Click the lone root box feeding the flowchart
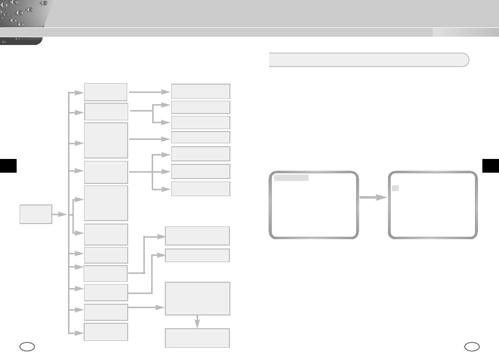pyautogui.click(x=36, y=214)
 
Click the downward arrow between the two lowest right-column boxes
pyautogui.click(x=198, y=321)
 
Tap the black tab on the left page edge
pyautogui.click(x=8, y=166)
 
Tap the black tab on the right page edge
pyautogui.click(x=491, y=166)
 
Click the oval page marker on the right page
pyautogui.click(x=472, y=347)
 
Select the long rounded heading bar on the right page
pyautogui.click(x=369, y=60)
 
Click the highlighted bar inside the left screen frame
pyautogui.click(x=291, y=178)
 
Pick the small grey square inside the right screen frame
pyautogui.click(x=396, y=188)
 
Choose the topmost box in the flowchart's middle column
pyautogui.click(x=106, y=92)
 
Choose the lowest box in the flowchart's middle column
pyautogui.click(x=106, y=332)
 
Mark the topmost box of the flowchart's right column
pyautogui.click(x=200, y=91)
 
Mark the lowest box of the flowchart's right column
pyautogui.click(x=198, y=338)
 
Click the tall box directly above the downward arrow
pyautogui.click(x=198, y=298)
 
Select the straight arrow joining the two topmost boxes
pyautogui.click(x=149, y=91)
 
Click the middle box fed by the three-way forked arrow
pyautogui.click(x=200, y=171)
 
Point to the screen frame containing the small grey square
pyautogui.click(x=432, y=204)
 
